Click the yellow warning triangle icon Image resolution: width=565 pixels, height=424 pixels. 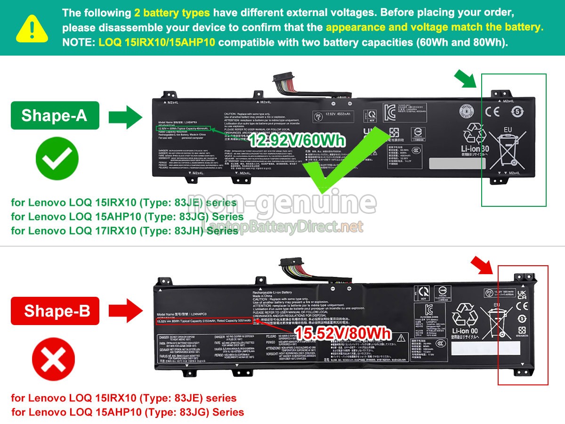pos(32,27)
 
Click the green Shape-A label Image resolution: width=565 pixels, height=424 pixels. pos(55,115)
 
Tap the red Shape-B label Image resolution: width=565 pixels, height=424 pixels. pos(55,310)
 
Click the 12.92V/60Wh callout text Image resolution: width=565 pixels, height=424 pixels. pos(297,140)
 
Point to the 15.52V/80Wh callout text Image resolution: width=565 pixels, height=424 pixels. pos(343,334)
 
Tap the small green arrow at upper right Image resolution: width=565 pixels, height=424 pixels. pos(465,78)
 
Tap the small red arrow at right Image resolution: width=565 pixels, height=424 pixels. pos(482,266)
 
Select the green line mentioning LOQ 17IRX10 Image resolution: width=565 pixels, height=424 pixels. pos(124,231)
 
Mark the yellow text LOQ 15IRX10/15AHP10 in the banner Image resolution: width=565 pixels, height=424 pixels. pos(157,42)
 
